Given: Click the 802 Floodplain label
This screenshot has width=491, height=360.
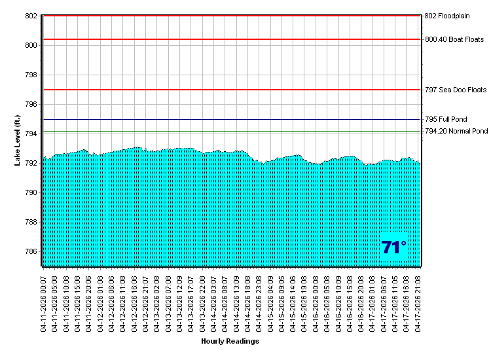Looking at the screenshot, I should coord(447,16).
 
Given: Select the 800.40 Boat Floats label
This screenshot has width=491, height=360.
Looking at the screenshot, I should coord(454,39).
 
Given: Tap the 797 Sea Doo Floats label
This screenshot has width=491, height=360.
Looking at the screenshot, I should coord(456,90).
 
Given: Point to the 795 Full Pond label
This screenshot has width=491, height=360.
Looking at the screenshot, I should coord(446,120).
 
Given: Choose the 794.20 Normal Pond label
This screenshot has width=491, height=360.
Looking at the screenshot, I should coord(456,131).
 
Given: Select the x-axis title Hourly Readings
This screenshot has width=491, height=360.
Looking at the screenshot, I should coord(230,341).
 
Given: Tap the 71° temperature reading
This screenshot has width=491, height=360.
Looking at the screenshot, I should coord(393,247).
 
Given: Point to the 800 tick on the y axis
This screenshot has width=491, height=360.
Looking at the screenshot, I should coord(31,45).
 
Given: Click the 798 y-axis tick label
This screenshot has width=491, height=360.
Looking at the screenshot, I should coord(31,75).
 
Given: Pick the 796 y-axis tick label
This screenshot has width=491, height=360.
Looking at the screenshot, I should coord(31,104).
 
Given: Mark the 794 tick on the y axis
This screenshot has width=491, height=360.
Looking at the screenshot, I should coord(31,134).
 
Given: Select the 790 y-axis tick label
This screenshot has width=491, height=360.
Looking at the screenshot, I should coord(31,192).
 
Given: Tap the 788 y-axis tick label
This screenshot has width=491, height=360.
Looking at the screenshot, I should coord(31,222).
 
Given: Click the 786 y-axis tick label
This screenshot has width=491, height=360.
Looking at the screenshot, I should coord(31,251).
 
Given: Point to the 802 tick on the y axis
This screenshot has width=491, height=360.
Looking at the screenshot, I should coord(31,16).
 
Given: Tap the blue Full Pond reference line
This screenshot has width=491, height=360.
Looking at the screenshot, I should coord(229,120).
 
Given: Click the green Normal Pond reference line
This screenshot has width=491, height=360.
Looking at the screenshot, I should coord(229,132).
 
